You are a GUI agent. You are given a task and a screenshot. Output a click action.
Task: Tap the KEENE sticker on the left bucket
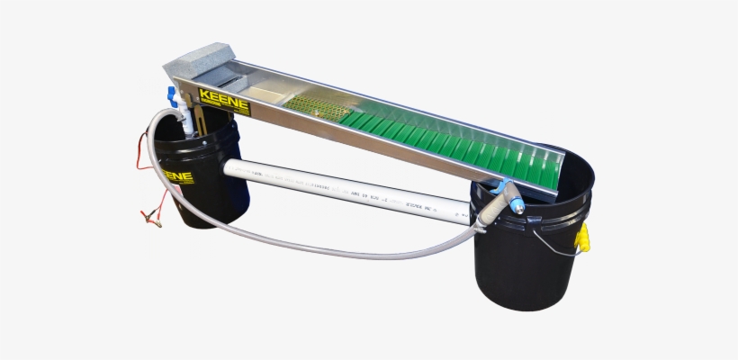tap(180, 176)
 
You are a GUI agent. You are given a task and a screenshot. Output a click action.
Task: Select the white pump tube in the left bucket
tap(184, 121)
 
